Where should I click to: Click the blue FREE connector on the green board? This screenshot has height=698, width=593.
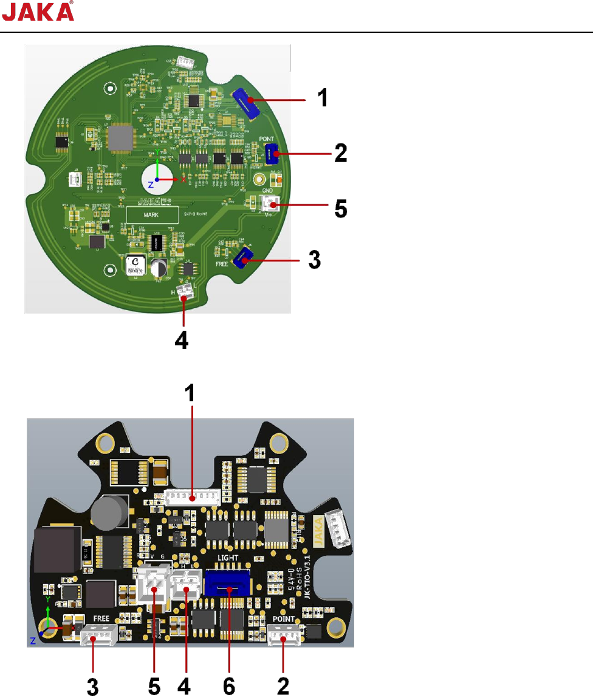242,261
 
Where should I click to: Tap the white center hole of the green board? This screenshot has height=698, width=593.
156,179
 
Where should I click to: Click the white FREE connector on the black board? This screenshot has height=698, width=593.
93,637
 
